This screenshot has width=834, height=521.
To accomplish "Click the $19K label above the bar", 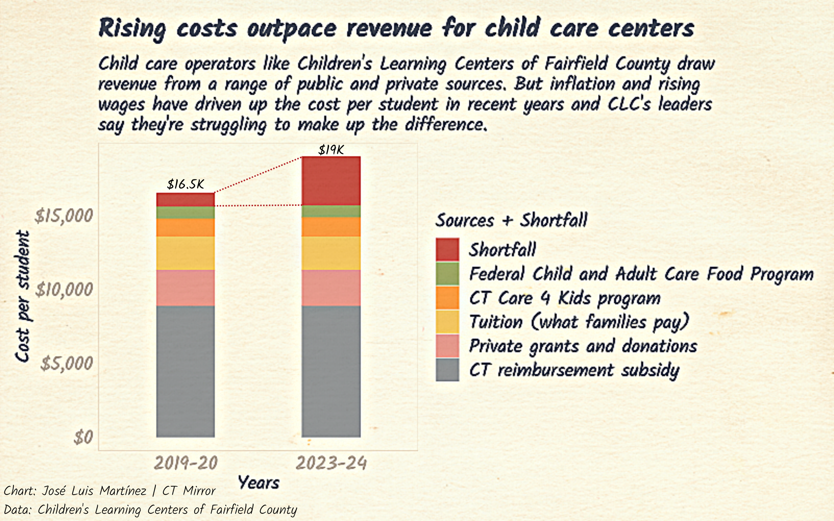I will point(331,150).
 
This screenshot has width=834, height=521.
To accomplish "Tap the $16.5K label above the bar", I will point(185,185).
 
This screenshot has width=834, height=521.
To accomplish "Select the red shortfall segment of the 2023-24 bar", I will point(331,181).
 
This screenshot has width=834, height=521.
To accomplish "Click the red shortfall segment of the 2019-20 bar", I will point(185,200).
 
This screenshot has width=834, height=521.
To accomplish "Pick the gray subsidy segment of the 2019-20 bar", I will point(185,371).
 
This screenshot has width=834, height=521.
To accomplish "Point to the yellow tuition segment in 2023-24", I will point(331,253).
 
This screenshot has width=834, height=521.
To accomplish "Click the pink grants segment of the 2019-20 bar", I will point(185,288).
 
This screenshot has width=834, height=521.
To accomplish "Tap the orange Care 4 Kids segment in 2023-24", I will point(331,227).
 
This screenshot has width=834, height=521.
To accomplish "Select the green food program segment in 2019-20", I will point(185,212).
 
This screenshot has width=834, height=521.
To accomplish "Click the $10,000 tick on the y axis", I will point(64,289).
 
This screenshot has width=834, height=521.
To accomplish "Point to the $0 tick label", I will point(83,437).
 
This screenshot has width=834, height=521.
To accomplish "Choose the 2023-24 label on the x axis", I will point(331,463).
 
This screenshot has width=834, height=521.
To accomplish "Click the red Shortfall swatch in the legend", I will point(447,249).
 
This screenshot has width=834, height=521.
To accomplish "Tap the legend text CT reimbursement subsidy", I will point(574,370).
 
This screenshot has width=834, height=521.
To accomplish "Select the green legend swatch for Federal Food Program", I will point(447,274).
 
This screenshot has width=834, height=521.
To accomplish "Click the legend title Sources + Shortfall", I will point(511,220).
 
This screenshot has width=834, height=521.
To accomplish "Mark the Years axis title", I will point(258,483).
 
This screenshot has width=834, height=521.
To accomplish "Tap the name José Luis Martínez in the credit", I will point(94,491).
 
